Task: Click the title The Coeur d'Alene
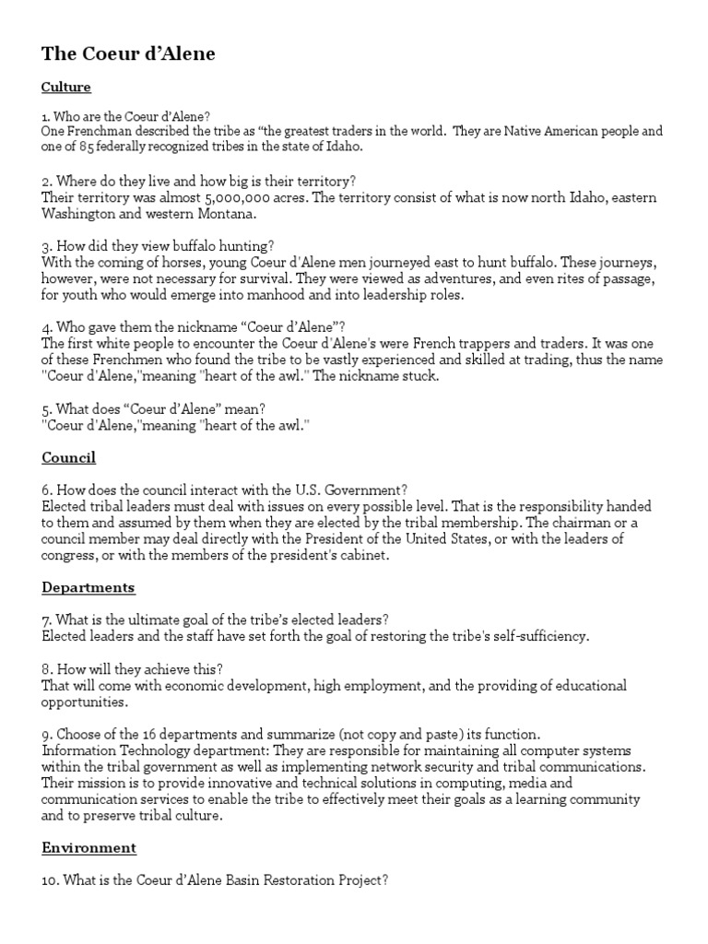tap(128, 54)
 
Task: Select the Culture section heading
tap(66, 88)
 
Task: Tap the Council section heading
tap(68, 457)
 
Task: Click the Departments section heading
tap(88, 587)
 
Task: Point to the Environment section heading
tap(88, 847)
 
